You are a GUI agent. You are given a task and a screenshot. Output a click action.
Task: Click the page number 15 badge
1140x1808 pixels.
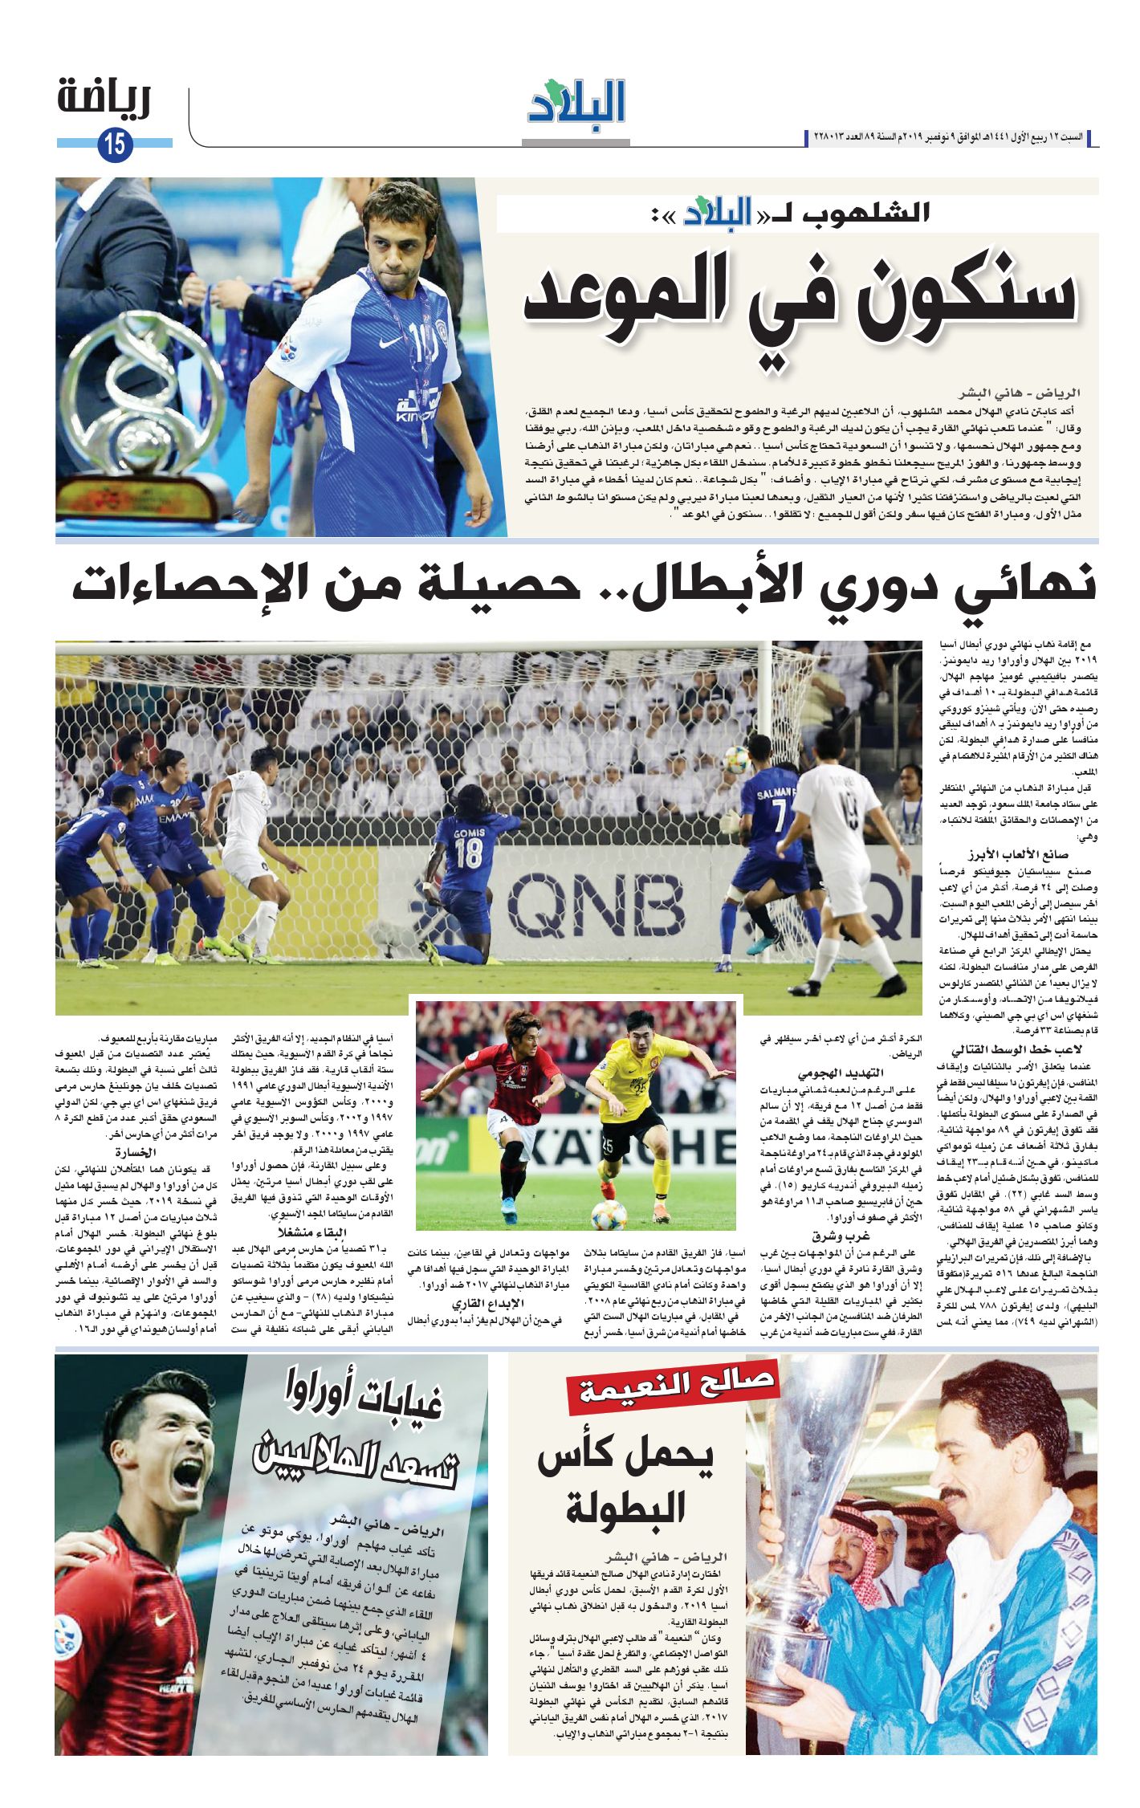pos(113,145)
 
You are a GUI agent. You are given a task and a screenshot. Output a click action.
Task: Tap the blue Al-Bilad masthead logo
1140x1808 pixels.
pos(576,102)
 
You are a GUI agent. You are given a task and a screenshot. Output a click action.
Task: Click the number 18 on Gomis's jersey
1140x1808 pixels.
pos(468,853)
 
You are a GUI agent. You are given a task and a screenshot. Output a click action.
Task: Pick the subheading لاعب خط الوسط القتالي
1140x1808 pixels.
pos(1016,1050)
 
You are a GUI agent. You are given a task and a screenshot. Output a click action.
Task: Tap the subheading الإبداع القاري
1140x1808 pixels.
pos(488,1302)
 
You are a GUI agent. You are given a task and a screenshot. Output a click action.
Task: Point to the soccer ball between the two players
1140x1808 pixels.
pos(609,1214)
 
